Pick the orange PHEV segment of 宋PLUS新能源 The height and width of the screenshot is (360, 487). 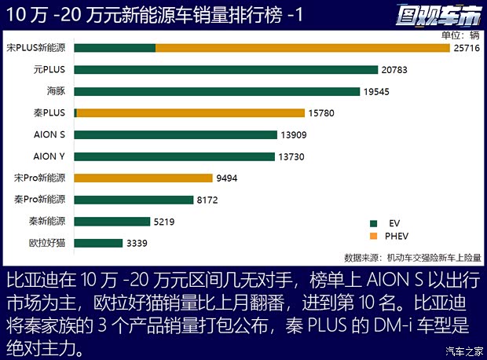click(302, 48)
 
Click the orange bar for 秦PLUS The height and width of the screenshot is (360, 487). click(191, 113)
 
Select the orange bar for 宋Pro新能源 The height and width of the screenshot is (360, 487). click(143, 178)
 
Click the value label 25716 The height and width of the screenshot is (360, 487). click(466, 48)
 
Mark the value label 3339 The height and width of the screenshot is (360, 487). click(137, 244)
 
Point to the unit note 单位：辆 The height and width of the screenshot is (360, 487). click(460, 35)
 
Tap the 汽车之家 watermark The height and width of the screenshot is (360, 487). click(463, 351)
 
